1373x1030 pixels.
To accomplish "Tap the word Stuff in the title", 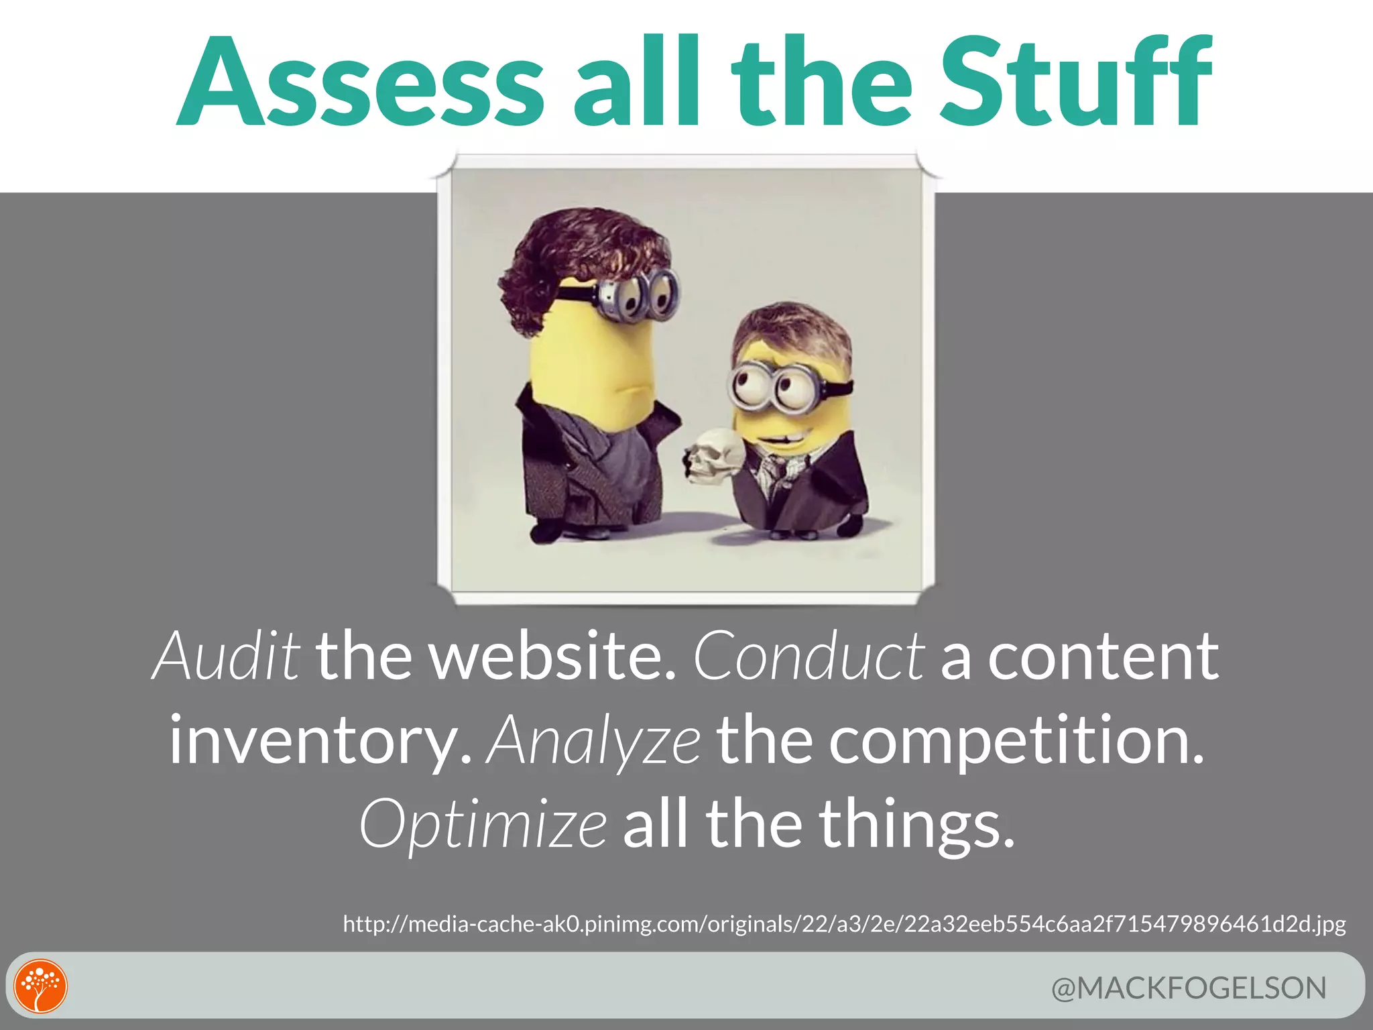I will (x=1075, y=82).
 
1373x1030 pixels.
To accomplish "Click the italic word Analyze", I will (x=594, y=740).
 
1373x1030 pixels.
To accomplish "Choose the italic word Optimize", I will (x=483, y=824).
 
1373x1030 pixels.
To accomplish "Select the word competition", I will (x=1016, y=740).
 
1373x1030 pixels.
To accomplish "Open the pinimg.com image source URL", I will (x=844, y=924).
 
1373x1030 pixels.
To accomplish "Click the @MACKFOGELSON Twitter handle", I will (x=1189, y=988).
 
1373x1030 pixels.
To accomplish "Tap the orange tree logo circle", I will (x=41, y=986).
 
